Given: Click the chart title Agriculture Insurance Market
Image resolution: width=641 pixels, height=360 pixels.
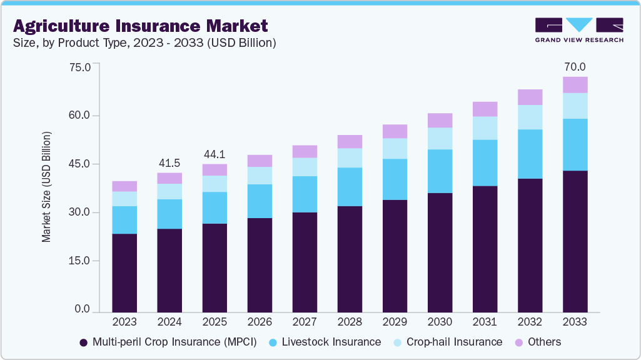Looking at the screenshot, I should pos(140,26).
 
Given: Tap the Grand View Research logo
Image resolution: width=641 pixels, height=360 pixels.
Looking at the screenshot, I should pos(578,29).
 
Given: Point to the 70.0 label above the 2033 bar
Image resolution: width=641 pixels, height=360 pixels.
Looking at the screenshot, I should pos(575,67).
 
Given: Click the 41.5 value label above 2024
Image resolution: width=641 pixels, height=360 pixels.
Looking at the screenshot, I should pos(169,162).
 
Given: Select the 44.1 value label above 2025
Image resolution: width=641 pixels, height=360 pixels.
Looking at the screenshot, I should pos(215,154).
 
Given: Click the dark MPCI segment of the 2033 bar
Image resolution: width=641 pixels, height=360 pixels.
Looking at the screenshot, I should pos(575,241).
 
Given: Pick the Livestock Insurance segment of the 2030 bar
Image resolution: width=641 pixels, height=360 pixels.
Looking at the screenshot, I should pos(440,171).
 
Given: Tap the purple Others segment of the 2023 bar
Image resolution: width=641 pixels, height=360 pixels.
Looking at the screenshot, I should pos(124,186).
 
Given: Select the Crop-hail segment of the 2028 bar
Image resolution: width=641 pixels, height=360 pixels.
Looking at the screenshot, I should pos(350,157).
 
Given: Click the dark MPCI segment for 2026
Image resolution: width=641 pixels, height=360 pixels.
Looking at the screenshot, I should pos(260,264).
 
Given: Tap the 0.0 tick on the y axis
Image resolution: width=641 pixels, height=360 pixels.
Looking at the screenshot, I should pos(82,309).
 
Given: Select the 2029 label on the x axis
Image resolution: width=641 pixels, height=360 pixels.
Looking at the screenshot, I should pos(395,322).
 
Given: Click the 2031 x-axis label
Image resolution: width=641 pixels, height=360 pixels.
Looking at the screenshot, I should pos(485,322).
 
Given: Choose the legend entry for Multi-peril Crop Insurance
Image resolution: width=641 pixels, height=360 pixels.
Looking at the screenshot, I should pos(167,342).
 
